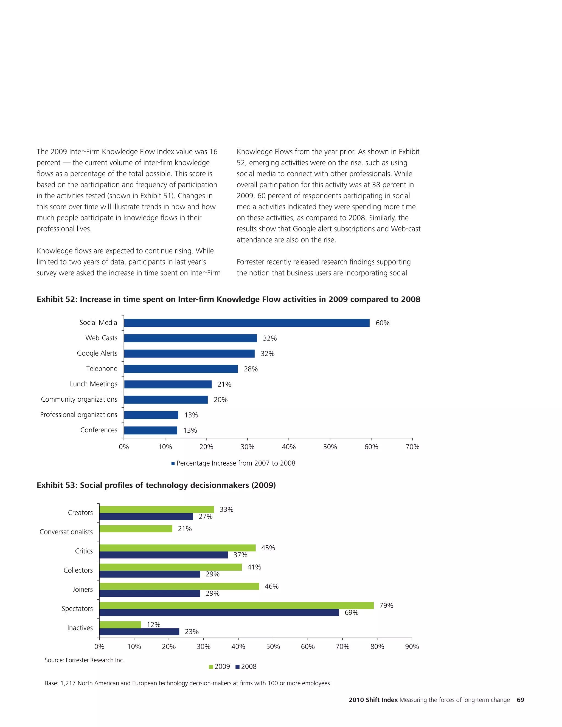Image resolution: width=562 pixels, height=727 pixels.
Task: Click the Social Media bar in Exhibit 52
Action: pos(246,323)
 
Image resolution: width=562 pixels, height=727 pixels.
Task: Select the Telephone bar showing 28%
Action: pos(181,369)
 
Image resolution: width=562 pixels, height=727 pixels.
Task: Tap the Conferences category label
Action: pos(99,430)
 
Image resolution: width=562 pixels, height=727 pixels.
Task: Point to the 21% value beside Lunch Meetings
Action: pos(224,384)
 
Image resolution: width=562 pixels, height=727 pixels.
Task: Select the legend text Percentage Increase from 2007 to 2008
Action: pos(236,463)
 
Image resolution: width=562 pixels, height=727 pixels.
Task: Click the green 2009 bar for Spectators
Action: pos(236,605)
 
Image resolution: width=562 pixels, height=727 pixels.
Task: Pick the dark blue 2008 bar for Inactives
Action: pos(139,632)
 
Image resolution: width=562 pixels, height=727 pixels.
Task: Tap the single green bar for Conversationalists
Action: pos(136,529)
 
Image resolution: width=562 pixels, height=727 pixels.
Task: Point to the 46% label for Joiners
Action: pos(271,587)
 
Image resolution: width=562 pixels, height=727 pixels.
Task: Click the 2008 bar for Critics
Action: pos(164,555)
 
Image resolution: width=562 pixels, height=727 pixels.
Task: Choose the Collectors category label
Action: pos(78,571)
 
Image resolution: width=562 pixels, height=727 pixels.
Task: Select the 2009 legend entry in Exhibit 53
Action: pos(220,667)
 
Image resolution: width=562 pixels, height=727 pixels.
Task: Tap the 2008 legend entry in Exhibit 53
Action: pos(246,667)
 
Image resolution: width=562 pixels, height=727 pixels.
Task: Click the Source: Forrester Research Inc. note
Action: pos(85,660)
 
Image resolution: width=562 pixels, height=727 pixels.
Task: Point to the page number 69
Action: pos(520,700)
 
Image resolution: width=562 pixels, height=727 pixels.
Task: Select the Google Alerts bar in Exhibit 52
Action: pos(189,354)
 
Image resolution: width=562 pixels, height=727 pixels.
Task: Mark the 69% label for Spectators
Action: pos(351,613)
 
